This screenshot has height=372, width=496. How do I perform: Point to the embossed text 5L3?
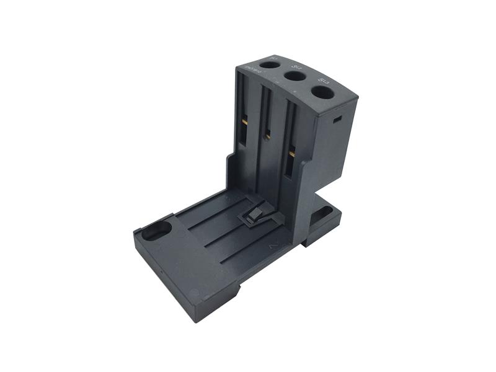322,79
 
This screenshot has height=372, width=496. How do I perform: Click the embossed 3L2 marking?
296,65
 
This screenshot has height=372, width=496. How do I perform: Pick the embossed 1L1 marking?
273,58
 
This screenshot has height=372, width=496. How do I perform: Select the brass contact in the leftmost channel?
244,122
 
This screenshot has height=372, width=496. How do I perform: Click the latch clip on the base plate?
252,216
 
